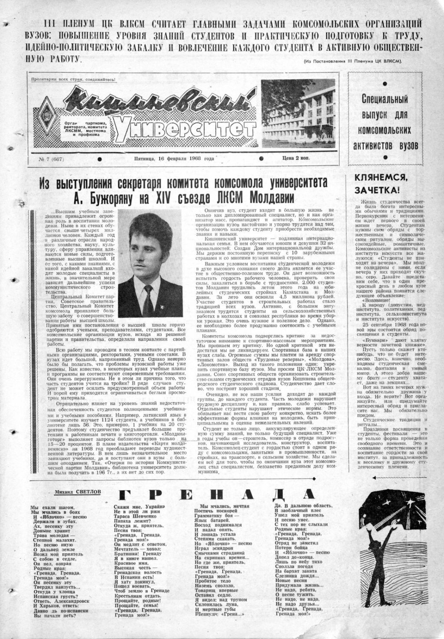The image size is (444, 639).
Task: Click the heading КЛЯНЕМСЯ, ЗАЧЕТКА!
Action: coord(381,183)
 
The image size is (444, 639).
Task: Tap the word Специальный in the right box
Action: coord(385,99)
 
